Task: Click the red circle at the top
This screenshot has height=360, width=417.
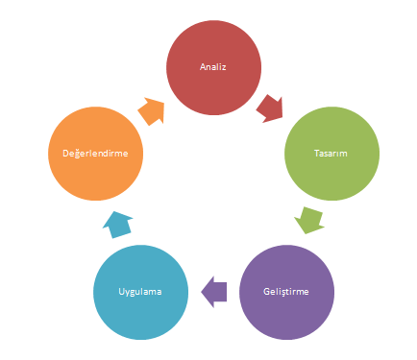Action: pos(213,67)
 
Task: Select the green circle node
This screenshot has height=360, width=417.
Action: pos(331,154)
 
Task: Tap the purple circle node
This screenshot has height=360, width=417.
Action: pos(286,292)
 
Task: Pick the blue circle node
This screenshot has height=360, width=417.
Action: pos(140,292)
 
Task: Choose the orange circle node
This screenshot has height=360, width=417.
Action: pos(95,154)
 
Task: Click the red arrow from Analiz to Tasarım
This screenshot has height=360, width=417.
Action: pos(270,108)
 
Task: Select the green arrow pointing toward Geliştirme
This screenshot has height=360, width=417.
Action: pos(308,221)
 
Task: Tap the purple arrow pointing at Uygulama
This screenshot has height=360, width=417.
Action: pos(213,292)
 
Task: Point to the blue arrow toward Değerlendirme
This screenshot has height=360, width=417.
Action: pos(117,225)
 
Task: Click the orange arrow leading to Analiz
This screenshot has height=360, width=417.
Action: pos(152,111)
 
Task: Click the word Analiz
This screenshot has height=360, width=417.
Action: pos(213,67)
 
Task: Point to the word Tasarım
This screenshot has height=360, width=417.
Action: pos(331,154)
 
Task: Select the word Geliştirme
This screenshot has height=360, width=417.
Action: pos(286,292)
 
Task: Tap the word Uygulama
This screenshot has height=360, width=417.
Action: pos(140,292)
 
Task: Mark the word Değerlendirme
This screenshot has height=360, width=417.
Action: pos(95,153)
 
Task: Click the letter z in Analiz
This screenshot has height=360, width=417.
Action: pos(224,68)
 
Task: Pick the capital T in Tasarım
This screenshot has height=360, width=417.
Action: pos(317,154)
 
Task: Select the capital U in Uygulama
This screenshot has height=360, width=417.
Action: pos(122,292)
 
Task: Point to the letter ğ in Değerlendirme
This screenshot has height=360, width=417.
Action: pos(77,154)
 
